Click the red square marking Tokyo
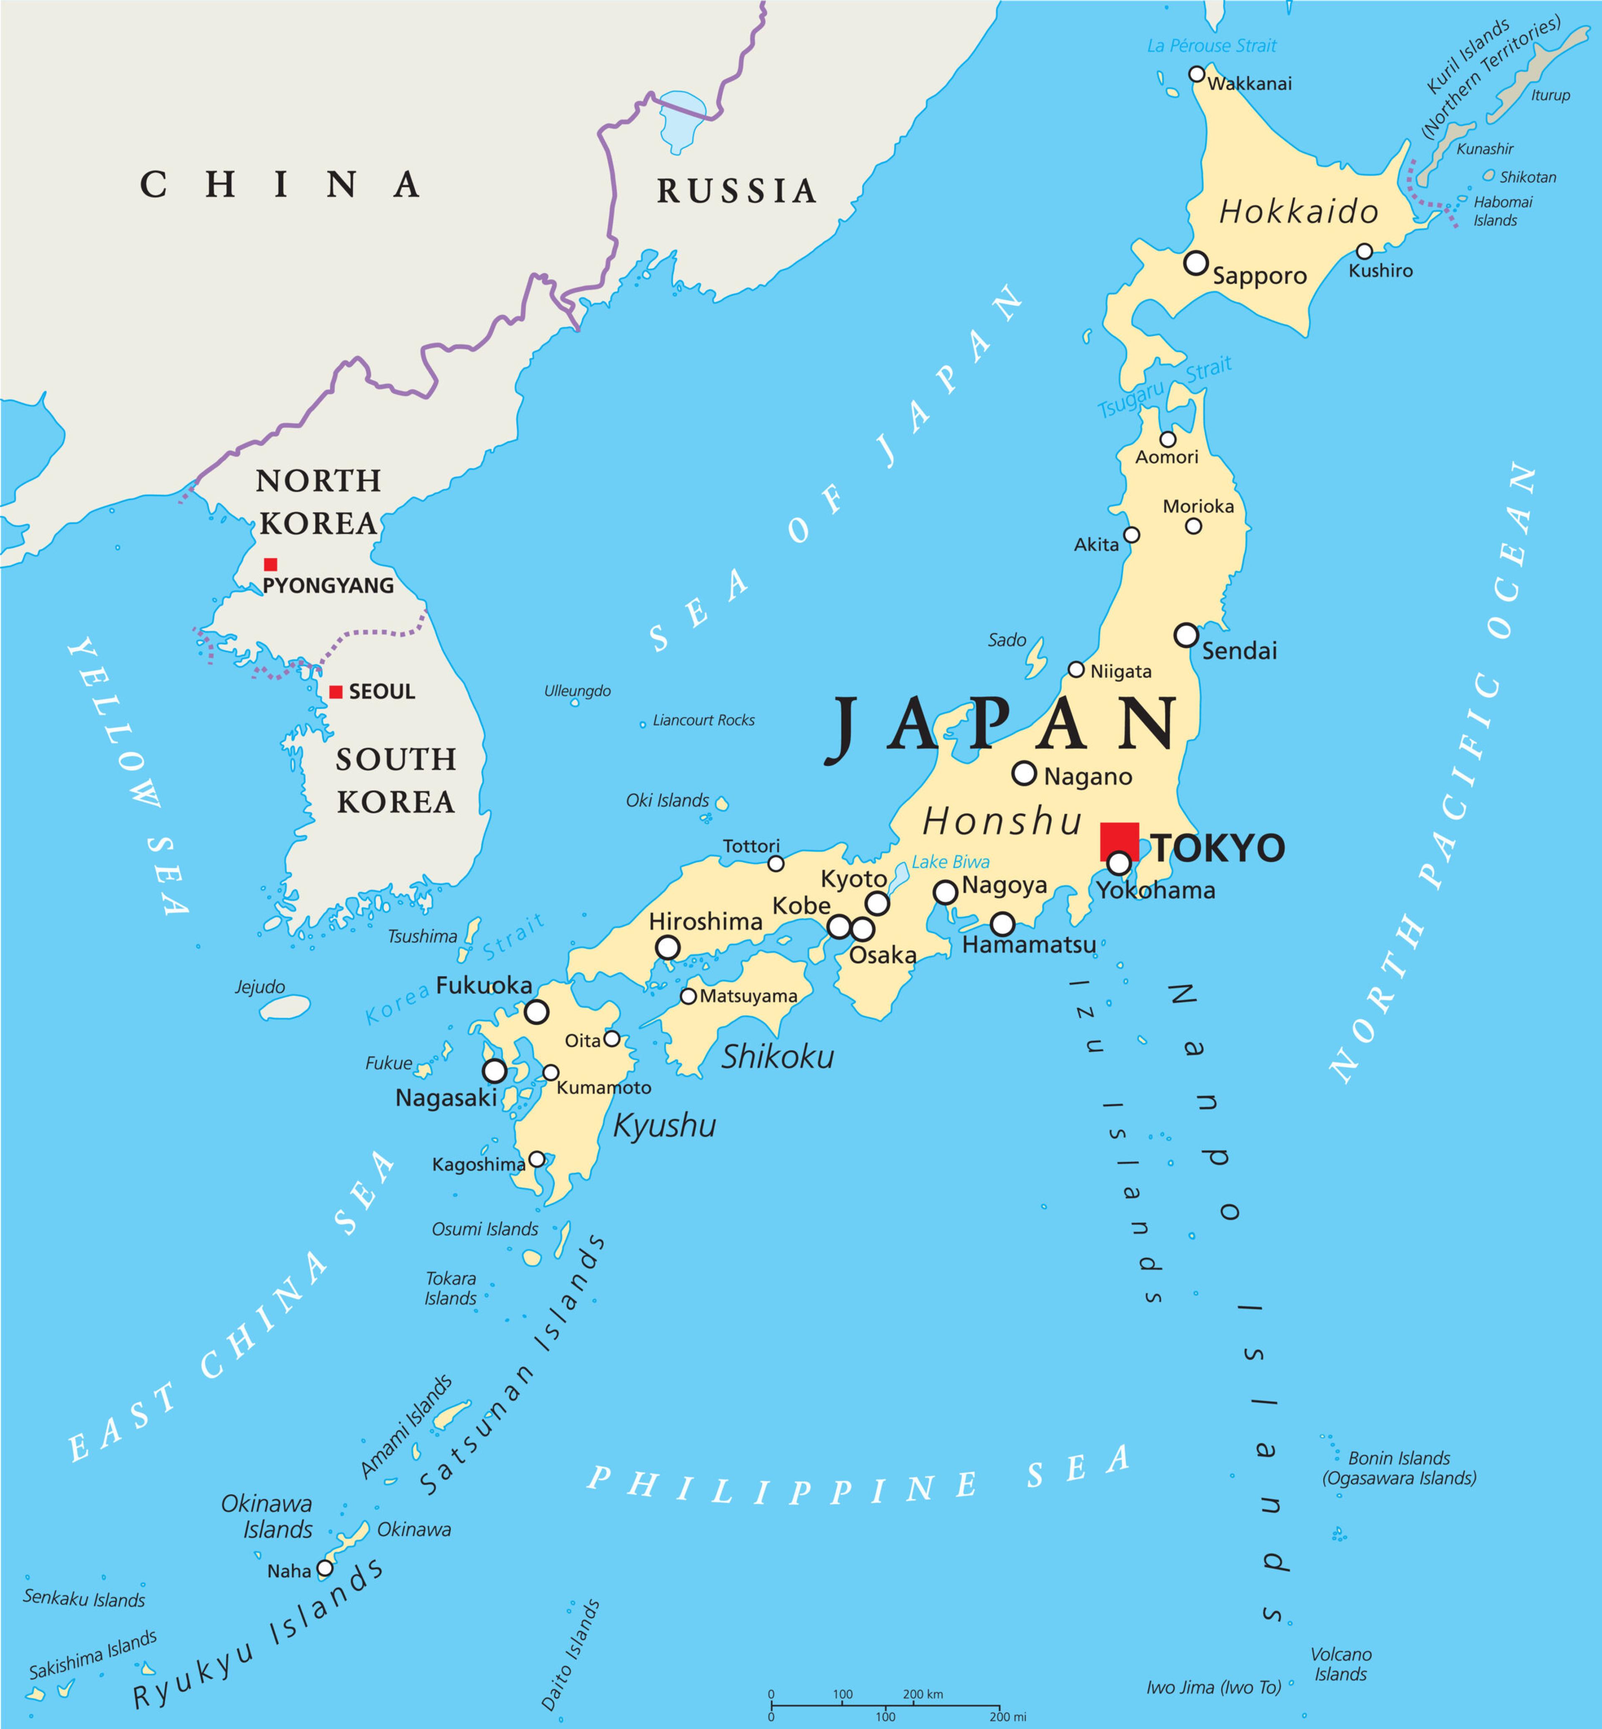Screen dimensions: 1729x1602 1119,842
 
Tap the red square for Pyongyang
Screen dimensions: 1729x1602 270,564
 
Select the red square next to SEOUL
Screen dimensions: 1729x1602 335,691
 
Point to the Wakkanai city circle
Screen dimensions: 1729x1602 1196,74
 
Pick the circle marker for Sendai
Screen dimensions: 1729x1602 1186,635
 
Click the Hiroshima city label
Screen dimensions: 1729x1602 705,921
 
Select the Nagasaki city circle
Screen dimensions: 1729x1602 494,1071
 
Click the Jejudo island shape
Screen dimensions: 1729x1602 285,1007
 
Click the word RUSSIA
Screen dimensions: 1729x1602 736,191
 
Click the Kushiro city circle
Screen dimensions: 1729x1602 1365,251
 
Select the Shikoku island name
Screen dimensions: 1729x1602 778,1056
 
